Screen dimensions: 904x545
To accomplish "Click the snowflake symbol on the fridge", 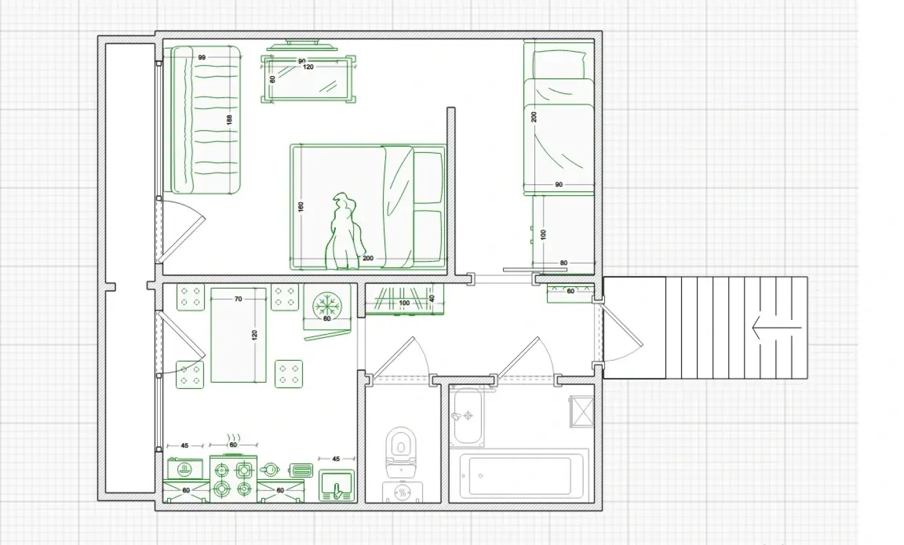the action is pyautogui.click(x=327, y=305).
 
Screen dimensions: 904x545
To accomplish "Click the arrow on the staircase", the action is pyautogui.click(x=777, y=328).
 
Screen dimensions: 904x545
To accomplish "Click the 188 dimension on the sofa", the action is pyautogui.click(x=229, y=120).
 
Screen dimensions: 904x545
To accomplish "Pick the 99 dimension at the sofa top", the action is pyautogui.click(x=202, y=57).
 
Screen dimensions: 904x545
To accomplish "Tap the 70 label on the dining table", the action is pyautogui.click(x=238, y=299).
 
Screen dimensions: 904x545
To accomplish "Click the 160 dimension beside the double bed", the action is pyautogui.click(x=301, y=206).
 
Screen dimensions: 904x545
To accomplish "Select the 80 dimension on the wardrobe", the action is pyautogui.click(x=564, y=263).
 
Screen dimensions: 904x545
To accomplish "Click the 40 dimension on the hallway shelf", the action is pyautogui.click(x=432, y=299).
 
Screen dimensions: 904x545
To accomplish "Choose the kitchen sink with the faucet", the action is pyautogui.click(x=337, y=485).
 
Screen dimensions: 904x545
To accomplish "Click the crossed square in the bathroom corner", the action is pyautogui.click(x=582, y=412).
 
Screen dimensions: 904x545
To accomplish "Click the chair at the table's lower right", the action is pyautogui.click(x=289, y=374).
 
